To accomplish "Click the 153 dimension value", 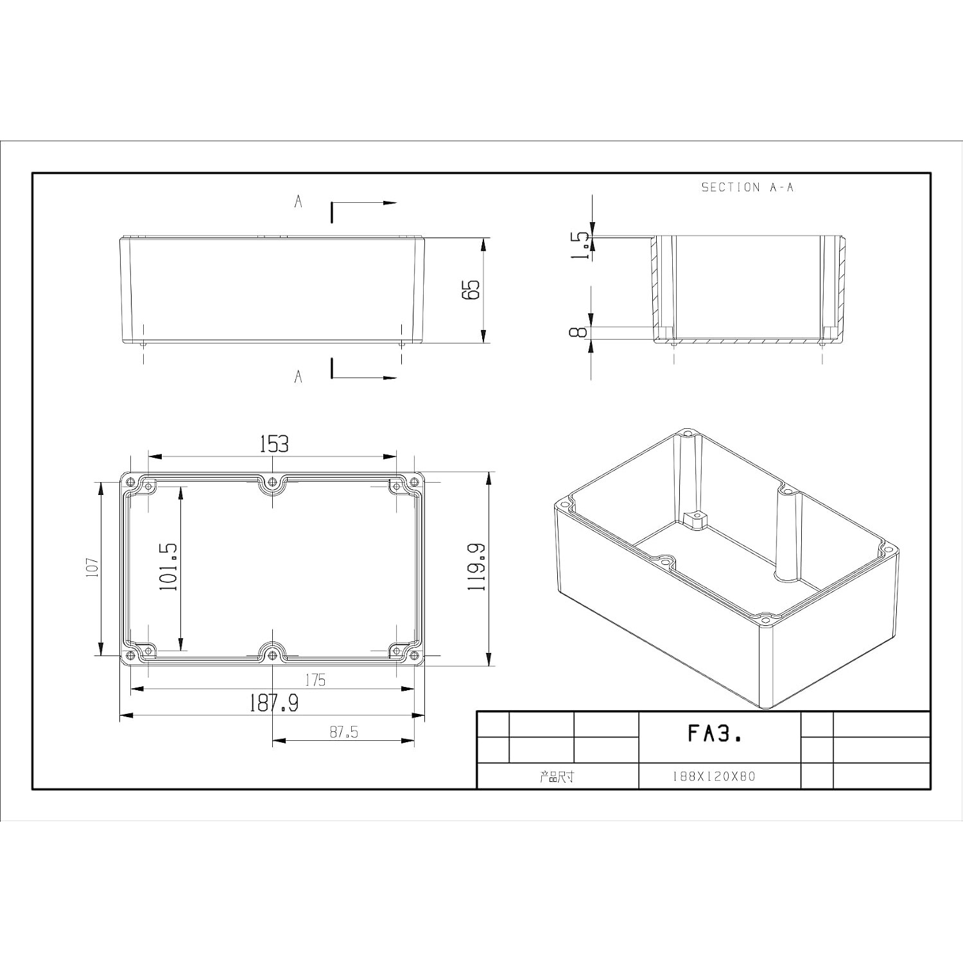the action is (x=274, y=444).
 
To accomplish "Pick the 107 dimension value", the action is (x=92, y=568).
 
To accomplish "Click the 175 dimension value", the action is (x=315, y=680).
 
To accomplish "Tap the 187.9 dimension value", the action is (x=274, y=704).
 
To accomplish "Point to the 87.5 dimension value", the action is (x=344, y=732).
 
